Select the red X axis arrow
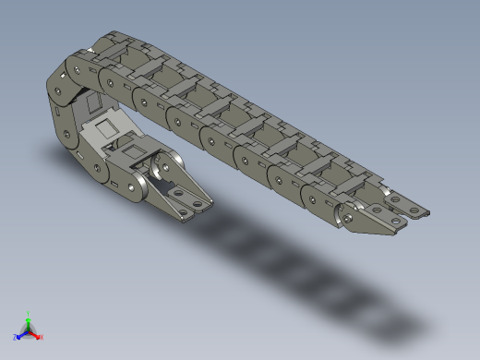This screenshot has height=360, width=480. tap(36, 335)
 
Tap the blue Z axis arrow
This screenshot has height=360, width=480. tap(20, 335)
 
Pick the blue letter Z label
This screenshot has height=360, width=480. tap(16, 337)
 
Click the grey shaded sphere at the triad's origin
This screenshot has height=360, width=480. tap(28, 330)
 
